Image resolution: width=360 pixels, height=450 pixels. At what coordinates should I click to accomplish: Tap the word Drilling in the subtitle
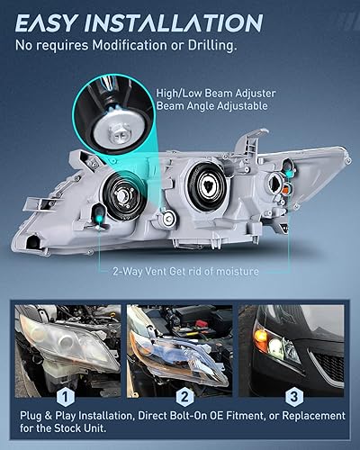[211, 44]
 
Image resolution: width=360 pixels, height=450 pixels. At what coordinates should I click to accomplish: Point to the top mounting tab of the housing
[257, 138]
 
